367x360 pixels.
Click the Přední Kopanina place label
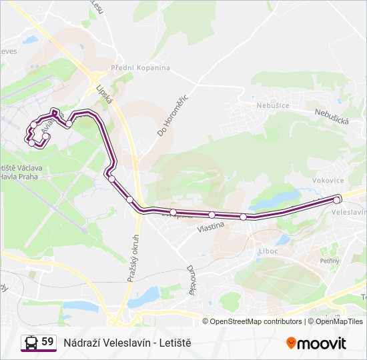pyautogui.click(x=140, y=67)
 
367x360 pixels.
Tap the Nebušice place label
pyautogui.click(x=272, y=105)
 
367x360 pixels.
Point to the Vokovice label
pyautogui.click(x=328, y=181)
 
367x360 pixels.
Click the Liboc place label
pyautogui.click(x=267, y=251)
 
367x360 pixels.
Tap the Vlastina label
pyautogui.click(x=210, y=227)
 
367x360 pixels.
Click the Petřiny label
pyautogui.click(x=330, y=261)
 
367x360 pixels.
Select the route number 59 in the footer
pyautogui.click(x=47, y=342)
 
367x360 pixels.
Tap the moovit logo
pyautogui.click(x=316, y=343)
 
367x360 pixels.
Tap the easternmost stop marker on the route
pyautogui.click(x=337, y=199)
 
